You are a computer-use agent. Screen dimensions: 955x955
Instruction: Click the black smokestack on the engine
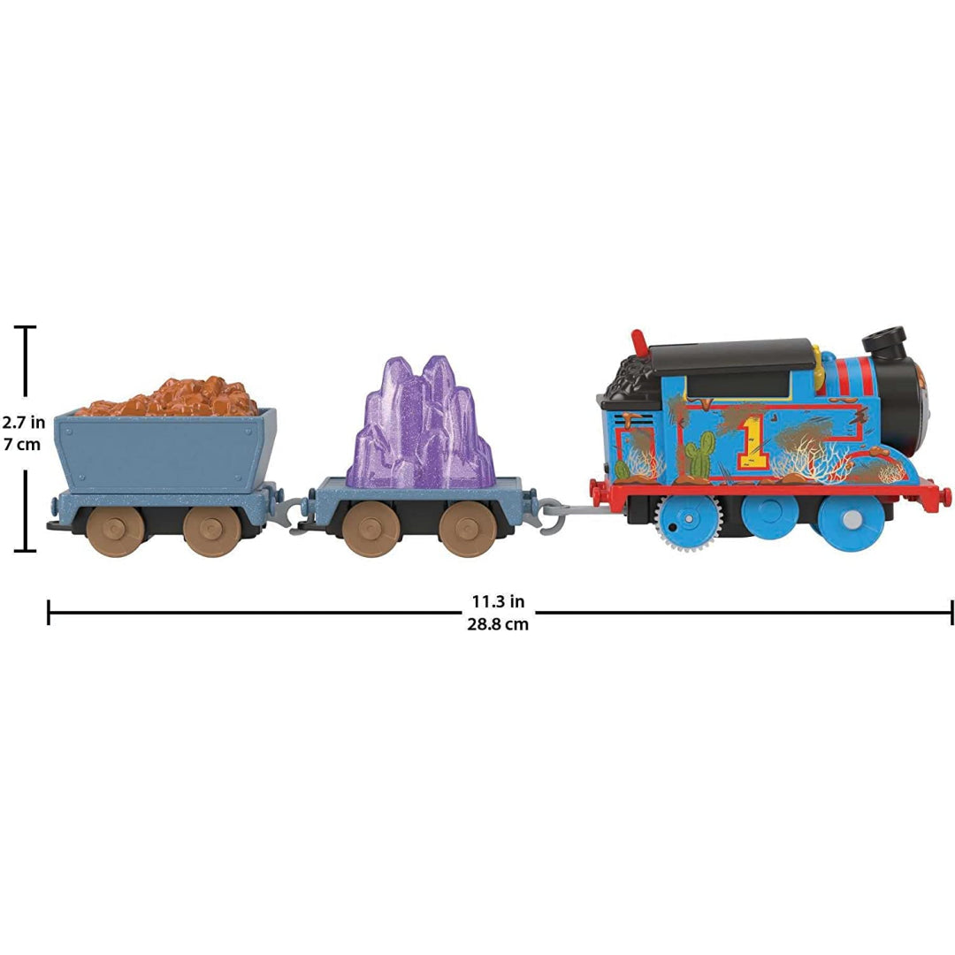pyautogui.click(x=883, y=343)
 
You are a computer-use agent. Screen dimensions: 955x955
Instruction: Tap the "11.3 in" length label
pyautogui.click(x=498, y=602)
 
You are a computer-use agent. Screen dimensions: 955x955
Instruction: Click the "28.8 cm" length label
pyautogui.click(x=498, y=624)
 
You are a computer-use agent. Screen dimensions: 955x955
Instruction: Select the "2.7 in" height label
pyautogui.click(x=23, y=422)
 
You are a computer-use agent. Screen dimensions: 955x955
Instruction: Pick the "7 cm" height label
pyautogui.click(x=22, y=445)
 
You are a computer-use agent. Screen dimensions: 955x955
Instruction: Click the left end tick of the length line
pyautogui.click(x=49, y=613)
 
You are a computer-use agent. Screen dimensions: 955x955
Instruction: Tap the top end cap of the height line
pyautogui.click(x=25, y=327)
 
